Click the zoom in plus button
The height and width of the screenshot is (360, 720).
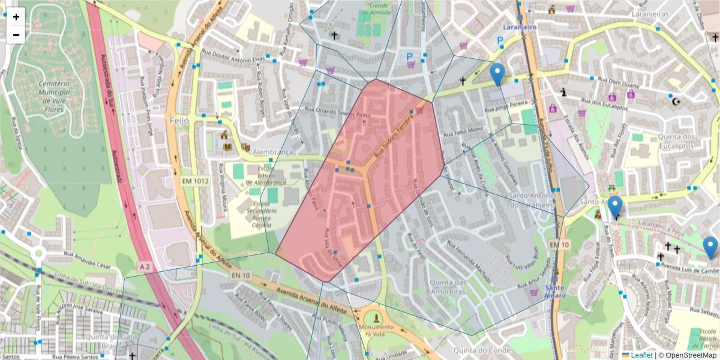click(16, 17)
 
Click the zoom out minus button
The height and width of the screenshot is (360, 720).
click(16, 35)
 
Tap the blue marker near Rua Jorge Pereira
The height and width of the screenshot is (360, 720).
click(497, 74)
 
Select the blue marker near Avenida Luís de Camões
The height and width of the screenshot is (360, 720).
click(710, 247)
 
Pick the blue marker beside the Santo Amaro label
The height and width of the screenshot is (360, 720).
click(614, 208)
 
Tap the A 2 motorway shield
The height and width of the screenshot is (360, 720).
click(145, 265)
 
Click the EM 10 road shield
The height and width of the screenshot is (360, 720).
click(559, 245)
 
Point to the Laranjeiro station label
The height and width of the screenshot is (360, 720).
click(520, 27)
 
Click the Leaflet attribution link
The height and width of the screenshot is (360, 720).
click(641, 355)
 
